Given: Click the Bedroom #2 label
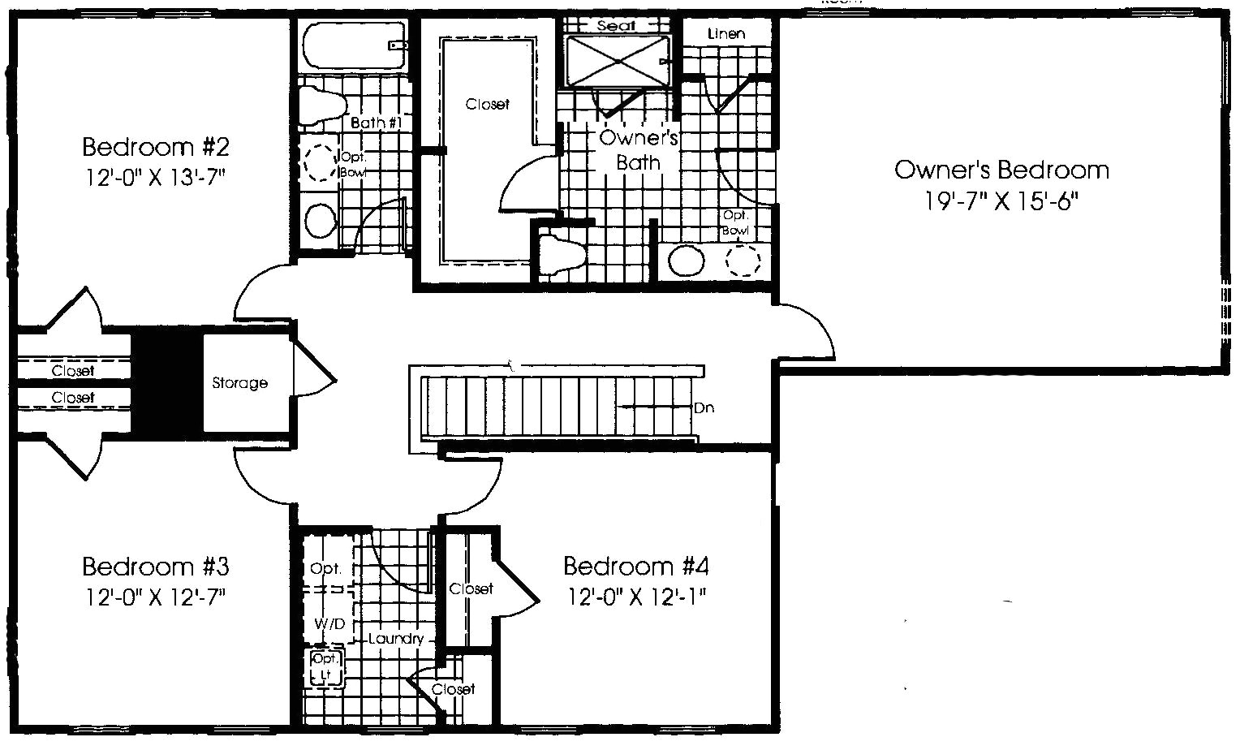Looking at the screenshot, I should tap(156, 147).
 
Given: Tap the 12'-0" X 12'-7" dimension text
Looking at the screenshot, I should tap(155, 597).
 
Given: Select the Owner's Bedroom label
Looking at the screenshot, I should tap(1001, 170).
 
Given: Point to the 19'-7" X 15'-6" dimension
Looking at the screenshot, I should tap(1001, 201).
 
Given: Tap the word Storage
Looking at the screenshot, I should tap(239, 383).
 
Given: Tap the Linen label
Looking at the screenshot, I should tap(726, 34).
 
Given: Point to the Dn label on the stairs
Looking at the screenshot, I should tap(704, 407).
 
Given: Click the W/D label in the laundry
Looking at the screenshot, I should tap(329, 624).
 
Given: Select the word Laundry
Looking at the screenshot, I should tap(395, 639).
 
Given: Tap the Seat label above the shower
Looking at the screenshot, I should tap(616, 25).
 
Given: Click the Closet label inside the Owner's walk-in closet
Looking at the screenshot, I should tap(487, 104).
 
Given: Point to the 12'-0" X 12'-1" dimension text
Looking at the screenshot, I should tap(636, 597).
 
